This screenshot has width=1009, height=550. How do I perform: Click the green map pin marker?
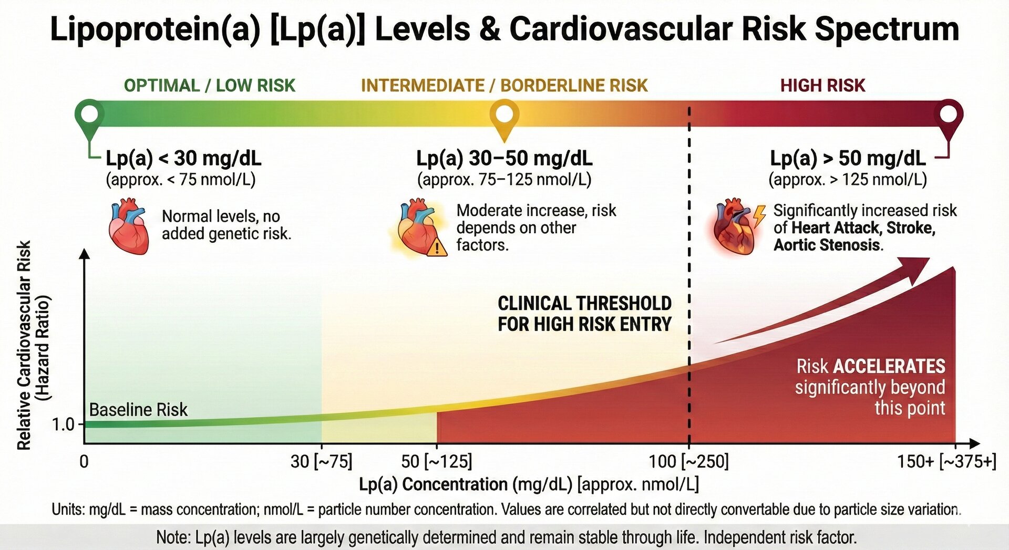(90, 114)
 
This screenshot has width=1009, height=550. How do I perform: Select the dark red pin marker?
(949, 114)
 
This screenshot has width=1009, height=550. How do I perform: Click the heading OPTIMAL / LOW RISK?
(209, 86)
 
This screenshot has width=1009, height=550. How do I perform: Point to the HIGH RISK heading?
(822, 86)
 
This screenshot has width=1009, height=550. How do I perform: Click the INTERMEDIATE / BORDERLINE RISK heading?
(504, 86)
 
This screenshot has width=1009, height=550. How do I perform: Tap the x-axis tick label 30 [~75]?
(321, 462)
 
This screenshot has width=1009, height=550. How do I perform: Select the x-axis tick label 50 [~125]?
(436, 462)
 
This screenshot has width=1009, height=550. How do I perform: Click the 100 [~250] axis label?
(688, 462)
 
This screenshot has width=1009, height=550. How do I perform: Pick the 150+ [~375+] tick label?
(946, 462)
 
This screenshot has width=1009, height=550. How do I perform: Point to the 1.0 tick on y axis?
(64, 424)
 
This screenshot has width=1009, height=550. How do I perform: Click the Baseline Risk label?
(138, 410)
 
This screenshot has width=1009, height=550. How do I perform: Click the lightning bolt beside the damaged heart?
(759, 215)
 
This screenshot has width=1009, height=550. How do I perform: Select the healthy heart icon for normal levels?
(128, 226)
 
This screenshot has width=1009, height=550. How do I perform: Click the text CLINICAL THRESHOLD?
(584, 304)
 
